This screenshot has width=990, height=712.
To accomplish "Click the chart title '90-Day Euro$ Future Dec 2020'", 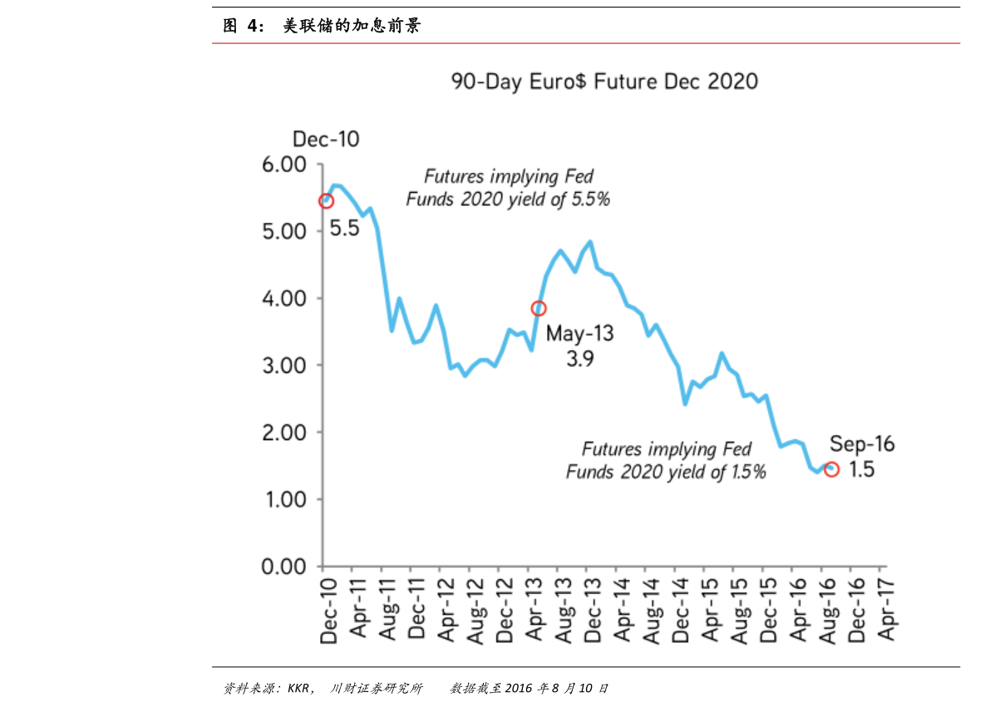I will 604,82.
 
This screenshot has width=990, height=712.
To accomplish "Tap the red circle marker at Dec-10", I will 326,201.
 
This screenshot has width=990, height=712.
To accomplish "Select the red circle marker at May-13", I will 539,309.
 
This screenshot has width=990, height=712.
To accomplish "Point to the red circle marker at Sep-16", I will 831,470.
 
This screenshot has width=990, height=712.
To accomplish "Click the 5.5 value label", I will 344,228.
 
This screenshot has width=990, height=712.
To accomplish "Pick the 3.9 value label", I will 579,359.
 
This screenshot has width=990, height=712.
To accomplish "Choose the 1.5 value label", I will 863,470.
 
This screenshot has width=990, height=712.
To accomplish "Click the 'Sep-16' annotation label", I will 861,445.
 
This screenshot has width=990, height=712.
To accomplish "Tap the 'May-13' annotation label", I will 579,334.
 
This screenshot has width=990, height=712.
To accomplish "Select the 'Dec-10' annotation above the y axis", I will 326,140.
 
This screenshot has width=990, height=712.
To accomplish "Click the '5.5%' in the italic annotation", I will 591,200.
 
